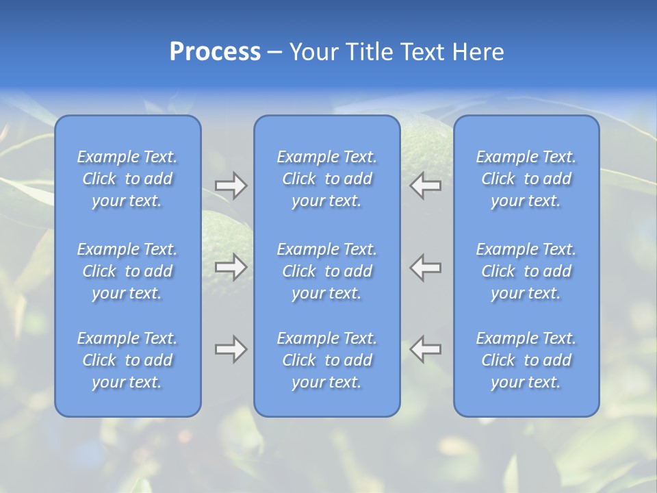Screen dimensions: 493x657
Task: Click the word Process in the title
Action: (x=215, y=52)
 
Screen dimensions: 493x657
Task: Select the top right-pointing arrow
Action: (x=231, y=186)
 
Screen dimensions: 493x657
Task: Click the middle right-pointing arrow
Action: (x=231, y=266)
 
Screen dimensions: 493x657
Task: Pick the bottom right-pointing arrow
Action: (x=231, y=349)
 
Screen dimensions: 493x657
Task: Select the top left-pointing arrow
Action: (x=426, y=186)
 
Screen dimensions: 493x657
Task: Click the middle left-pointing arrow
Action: (x=426, y=266)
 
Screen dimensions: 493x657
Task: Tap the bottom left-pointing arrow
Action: (x=426, y=349)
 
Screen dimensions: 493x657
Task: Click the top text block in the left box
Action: (x=127, y=179)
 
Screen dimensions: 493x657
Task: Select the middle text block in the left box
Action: (x=127, y=271)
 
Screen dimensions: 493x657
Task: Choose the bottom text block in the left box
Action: (x=127, y=360)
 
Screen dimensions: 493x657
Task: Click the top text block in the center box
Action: (x=327, y=179)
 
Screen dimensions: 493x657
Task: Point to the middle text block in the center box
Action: (x=327, y=271)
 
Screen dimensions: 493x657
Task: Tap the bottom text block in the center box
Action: (x=327, y=360)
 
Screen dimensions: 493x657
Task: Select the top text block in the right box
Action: (x=526, y=179)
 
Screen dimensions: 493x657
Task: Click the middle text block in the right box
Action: (x=526, y=271)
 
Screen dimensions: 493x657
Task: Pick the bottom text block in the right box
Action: (x=526, y=360)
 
